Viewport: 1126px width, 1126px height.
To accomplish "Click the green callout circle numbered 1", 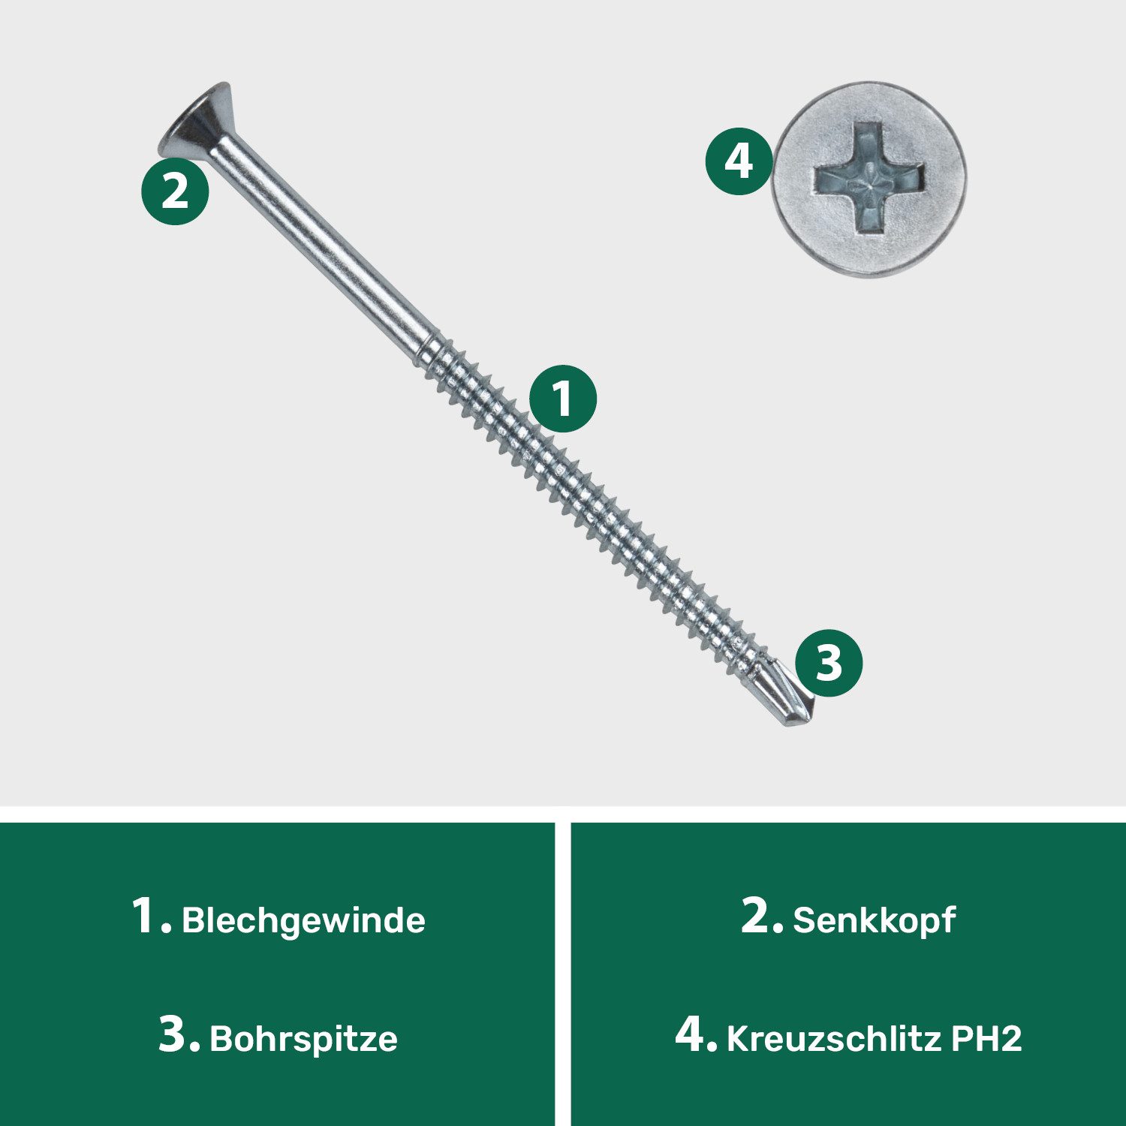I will [563, 399].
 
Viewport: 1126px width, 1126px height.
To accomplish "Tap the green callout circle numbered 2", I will [175, 191].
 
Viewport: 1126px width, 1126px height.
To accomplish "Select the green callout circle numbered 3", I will [829, 663].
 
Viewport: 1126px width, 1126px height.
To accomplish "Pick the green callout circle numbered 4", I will [739, 162].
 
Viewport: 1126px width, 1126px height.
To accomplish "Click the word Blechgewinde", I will [303, 921].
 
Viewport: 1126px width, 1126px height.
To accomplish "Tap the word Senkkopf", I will [874, 921].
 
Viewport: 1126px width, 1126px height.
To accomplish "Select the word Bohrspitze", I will [303, 1039].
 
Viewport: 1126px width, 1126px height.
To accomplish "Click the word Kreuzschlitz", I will [833, 1039].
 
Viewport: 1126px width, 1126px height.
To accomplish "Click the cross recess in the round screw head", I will [869, 179].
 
